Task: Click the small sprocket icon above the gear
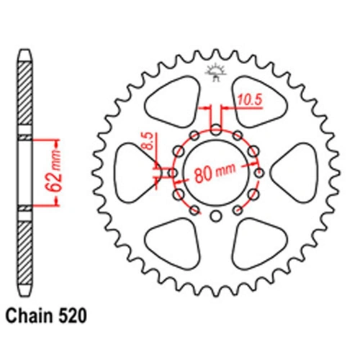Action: click(215, 70)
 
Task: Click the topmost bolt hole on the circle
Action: click(216, 130)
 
